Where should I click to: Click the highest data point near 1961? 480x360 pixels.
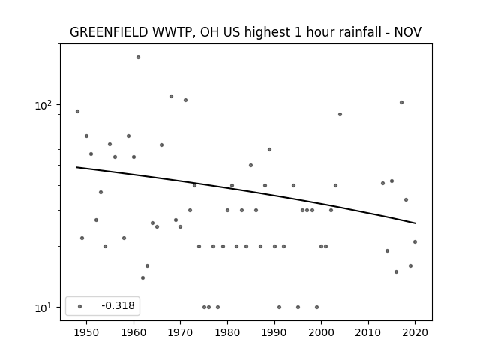click(x=138, y=57)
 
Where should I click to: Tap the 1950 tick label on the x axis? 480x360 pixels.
click(x=87, y=332)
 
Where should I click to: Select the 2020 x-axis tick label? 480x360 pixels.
click(x=415, y=332)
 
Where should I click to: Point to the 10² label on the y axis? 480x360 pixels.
click(x=43, y=105)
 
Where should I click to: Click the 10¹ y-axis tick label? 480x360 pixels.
click(x=43, y=307)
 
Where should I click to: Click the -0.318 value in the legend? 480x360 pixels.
click(x=118, y=305)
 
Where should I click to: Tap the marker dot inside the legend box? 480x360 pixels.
click(x=80, y=306)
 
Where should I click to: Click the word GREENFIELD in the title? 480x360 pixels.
click(x=109, y=32)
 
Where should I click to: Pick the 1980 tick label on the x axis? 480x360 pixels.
click(x=227, y=332)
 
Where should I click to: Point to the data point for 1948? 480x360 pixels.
click(x=77, y=112)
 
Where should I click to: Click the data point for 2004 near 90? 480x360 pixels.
click(x=340, y=115)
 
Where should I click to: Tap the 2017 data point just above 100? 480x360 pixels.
click(x=402, y=102)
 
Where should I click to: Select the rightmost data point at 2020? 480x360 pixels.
click(x=415, y=241)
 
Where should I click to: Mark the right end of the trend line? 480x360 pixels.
click(x=415, y=223)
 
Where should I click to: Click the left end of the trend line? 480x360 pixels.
click(x=76, y=167)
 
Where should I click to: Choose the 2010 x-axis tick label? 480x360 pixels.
click(x=368, y=332)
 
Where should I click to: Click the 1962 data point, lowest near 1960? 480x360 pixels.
click(x=143, y=277)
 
